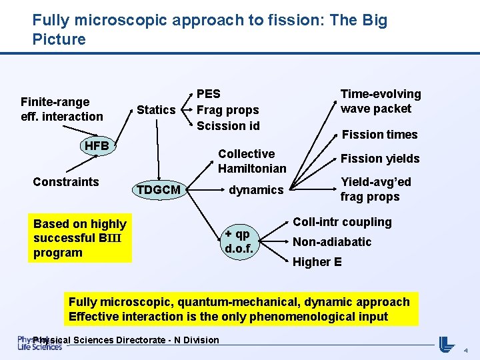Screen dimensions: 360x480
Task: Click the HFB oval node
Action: (97, 146)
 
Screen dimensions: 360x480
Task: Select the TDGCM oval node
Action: (158, 190)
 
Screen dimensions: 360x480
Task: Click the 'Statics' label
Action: (156, 110)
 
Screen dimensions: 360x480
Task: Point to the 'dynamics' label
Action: (256, 190)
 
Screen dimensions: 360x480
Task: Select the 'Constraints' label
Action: (66, 182)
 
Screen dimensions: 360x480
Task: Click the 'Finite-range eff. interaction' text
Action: (61, 109)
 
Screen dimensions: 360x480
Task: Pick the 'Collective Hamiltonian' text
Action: (251, 161)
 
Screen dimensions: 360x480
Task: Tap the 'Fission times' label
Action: (379, 135)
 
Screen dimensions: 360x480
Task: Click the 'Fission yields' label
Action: (380, 159)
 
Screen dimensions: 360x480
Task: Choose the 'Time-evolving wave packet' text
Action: (381, 101)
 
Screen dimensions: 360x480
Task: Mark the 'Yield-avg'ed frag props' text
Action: (375, 189)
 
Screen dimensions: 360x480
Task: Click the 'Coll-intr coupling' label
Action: (342, 222)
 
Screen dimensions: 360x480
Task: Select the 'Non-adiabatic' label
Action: (332, 242)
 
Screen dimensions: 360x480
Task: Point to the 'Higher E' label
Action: (317, 262)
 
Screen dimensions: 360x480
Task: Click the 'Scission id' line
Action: (227, 126)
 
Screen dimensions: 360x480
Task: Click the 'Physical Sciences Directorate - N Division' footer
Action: (125, 340)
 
